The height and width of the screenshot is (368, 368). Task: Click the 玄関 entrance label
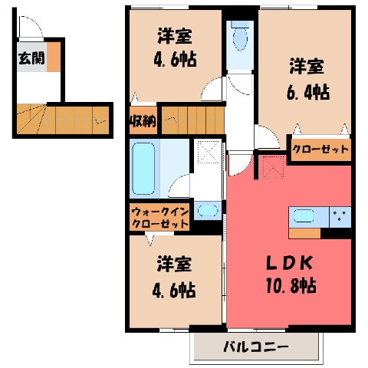(31, 58)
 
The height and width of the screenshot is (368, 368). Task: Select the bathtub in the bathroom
(143, 168)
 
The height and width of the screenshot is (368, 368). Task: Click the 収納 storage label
(143, 121)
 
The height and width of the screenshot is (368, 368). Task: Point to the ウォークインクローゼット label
(160, 218)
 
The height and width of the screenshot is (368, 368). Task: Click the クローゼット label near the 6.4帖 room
(320, 149)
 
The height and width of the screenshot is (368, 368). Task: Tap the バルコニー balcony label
(256, 347)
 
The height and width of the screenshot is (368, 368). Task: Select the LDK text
(289, 263)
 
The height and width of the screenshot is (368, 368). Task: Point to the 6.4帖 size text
(308, 92)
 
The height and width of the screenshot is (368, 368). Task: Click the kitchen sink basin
(304, 216)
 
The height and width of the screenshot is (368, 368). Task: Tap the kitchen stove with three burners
(340, 217)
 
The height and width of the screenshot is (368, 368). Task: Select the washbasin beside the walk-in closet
(208, 211)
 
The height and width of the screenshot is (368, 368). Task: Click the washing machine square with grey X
(209, 151)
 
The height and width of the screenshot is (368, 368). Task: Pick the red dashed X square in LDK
(274, 167)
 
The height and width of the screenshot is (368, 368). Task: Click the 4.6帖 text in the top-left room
(176, 60)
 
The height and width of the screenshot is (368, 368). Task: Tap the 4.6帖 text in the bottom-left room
(174, 290)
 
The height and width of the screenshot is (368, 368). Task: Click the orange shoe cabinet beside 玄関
(54, 57)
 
